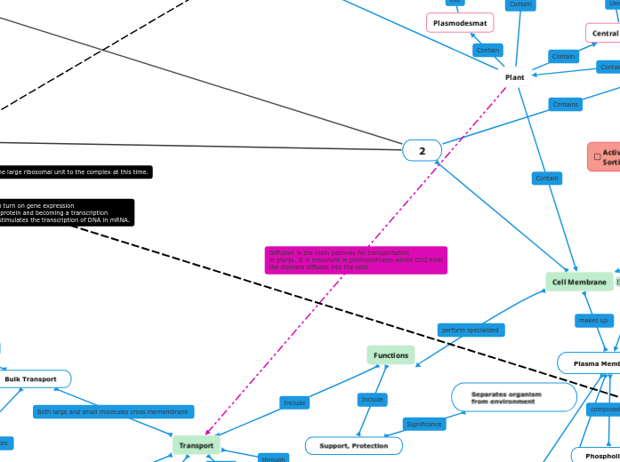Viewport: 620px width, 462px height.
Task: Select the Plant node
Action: point(514,77)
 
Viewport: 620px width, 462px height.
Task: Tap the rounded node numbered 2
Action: point(422,151)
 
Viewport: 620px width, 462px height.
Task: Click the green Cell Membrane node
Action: point(579,282)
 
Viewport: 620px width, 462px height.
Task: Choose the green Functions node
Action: point(391,355)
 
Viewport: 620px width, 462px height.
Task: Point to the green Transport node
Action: point(196,445)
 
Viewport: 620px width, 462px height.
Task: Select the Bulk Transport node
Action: point(30,379)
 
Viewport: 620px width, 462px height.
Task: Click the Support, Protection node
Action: point(353,445)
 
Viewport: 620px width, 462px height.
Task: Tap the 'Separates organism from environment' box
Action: point(514,397)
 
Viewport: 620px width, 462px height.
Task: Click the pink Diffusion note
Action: point(356,259)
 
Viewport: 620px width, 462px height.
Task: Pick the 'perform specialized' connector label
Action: point(470,330)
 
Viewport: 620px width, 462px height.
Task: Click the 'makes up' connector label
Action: point(592,320)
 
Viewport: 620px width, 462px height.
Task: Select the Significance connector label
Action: point(424,424)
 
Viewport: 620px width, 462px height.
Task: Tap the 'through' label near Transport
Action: point(272,458)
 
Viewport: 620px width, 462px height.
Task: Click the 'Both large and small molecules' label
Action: point(113,411)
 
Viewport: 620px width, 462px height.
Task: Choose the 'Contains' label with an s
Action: point(565,104)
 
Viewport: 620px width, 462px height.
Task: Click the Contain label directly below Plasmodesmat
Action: point(487,50)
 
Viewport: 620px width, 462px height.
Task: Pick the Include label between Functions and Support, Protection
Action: point(373,399)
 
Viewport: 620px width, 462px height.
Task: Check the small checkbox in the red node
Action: point(597,157)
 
